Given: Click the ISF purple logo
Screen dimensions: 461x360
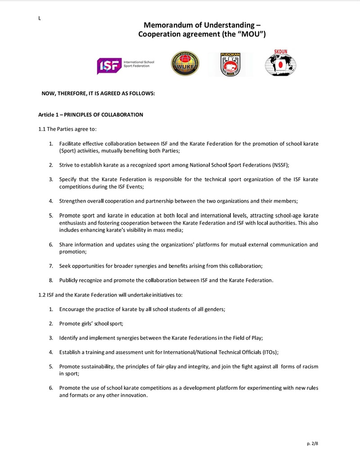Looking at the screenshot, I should [x=110, y=66].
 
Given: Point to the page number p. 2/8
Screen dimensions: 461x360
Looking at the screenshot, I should [x=312, y=443].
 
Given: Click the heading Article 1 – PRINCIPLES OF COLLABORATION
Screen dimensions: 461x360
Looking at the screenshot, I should [x=90, y=115].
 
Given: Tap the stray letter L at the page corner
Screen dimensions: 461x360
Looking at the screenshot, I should [x=40, y=18].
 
